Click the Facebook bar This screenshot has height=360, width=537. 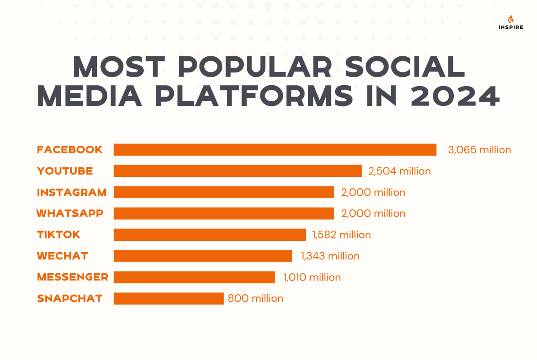point(275,149)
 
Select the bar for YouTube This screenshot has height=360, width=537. point(238,171)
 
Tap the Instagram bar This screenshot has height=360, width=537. point(224,192)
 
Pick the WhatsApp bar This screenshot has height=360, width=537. point(224,213)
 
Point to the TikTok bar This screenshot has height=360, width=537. point(210,235)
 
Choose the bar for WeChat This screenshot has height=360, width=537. point(203,256)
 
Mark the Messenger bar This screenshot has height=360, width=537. point(194,277)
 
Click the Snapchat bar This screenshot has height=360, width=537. point(169,299)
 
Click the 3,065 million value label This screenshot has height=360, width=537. point(479,150)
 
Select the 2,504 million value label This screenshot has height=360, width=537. point(399,171)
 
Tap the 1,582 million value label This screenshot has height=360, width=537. point(341,235)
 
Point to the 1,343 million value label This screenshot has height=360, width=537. point(330,256)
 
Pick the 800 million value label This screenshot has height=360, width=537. point(255,299)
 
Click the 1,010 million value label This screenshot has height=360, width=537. point(312,277)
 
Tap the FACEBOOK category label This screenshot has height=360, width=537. point(69,149)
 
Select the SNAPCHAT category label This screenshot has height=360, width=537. point(69,299)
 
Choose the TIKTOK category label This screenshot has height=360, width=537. point(59,235)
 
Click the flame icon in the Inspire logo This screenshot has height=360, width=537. point(511,19)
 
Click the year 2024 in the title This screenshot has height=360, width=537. point(455,96)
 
